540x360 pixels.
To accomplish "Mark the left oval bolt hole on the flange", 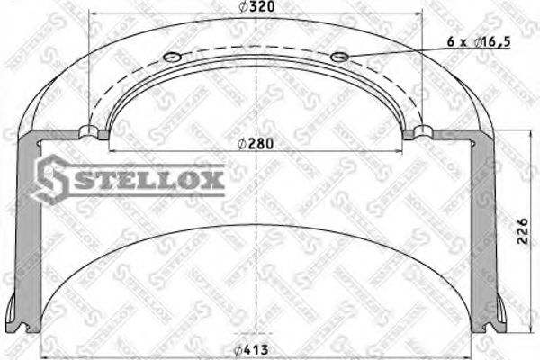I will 171,59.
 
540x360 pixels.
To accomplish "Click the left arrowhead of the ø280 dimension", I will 109,150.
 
